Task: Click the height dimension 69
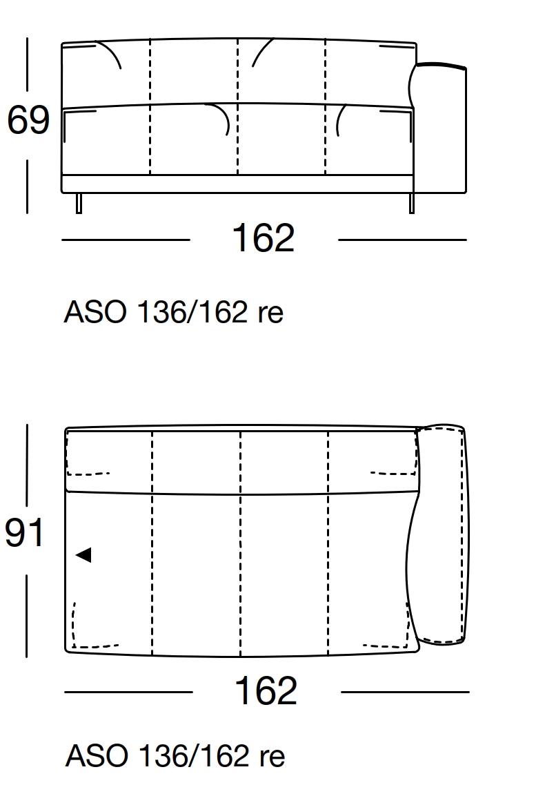pos(28,122)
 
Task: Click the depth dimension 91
pos(25,534)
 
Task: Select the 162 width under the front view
pos(263,239)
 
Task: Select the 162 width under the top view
pos(266,691)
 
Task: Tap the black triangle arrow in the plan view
pos(83,554)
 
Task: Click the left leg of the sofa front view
pos(79,203)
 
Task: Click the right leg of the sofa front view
pos(412,203)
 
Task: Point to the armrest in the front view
pos(442,128)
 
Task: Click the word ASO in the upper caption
pos(95,313)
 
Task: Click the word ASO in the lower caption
pos(97,757)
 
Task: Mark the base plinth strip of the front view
pos(237,184)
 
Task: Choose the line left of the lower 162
pos(128,692)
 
